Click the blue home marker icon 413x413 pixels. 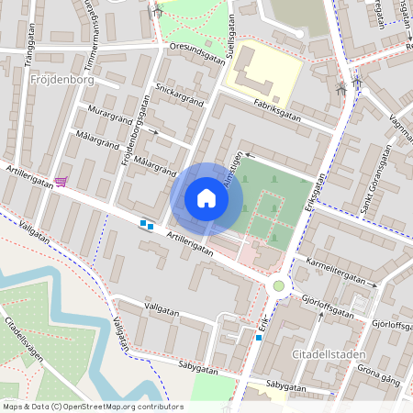click(206, 198)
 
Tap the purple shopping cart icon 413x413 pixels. click(61, 181)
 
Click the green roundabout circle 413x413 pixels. click(278, 286)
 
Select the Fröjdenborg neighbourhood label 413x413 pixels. click(61, 80)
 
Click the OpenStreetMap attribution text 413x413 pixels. click(92, 407)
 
